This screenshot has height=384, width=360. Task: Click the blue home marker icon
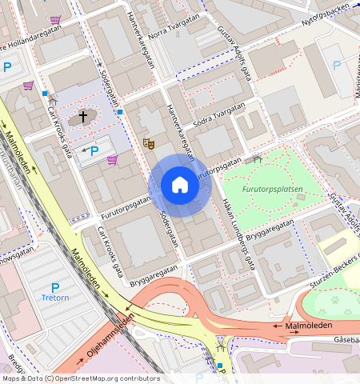180,185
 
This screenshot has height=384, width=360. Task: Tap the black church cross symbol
82,118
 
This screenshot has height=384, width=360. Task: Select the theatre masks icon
147,144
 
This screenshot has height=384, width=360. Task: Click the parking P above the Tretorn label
55,287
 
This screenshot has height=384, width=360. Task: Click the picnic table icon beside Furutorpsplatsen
258,159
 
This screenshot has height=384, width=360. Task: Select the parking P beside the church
94,150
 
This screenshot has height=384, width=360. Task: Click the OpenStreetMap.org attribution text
107,378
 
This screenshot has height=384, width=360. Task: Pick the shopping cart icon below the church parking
112,160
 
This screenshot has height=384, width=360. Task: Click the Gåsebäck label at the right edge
347,339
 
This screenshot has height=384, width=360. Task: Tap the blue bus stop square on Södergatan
120,112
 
